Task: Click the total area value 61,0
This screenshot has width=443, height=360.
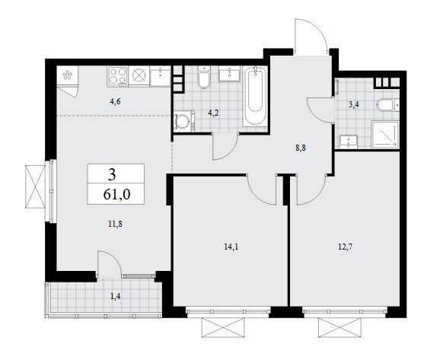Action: [116, 194]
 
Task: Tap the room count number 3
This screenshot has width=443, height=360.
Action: [112, 175]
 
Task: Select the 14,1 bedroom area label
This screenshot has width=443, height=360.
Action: [231, 247]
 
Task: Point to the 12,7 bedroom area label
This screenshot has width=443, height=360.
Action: [346, 247]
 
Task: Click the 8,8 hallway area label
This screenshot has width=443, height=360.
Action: [301, 148]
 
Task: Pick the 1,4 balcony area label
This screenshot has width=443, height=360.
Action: [116, 296]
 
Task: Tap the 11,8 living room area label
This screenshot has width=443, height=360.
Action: [115, 225]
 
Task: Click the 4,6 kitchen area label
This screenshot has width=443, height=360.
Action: [115, 101]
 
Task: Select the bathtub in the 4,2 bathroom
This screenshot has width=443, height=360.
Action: [255, 97]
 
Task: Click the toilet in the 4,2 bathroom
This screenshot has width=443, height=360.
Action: [204, 77]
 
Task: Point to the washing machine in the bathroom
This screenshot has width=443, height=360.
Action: [184, 121]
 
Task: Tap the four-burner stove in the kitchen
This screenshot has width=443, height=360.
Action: [117, 76]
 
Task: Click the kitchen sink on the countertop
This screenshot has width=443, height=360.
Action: [160, 76]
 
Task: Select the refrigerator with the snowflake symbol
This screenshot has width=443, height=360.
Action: [68, 75]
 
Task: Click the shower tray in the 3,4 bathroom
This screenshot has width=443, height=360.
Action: [385, 135]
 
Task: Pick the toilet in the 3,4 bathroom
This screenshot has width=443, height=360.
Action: [387, 105]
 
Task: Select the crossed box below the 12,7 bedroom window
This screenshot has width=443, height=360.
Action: [339, 327]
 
